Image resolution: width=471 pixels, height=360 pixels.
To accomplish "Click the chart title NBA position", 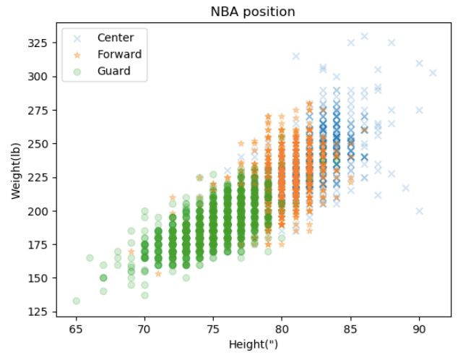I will pyautogui.click(x=253, y=12).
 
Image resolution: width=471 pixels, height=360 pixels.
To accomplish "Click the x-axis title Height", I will pyautogui.click(x=253, y=344).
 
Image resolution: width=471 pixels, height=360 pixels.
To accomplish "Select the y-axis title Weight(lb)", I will pyautogui.click(x=15, y=173).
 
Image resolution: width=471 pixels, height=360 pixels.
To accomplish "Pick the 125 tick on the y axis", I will pyautogui.click(x=38, y=312).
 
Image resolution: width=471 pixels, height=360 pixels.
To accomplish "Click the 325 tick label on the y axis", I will pyautogui.click(x=38, y=43).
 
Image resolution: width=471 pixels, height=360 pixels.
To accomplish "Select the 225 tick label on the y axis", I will pyautogui.click(x=38, y=177).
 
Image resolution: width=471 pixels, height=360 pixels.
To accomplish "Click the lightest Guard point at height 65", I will pyautogui.click(x=76, y=301).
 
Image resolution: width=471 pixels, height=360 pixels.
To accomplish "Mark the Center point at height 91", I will pyautogui.click(x=433, y=72).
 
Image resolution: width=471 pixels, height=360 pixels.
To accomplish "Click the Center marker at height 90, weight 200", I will pyautogui.click(x=419, y=211).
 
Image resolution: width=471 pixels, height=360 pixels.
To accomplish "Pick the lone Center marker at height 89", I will pyautogui.click(x=405, y=188).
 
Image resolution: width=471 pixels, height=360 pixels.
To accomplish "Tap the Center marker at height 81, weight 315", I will pyautogui.click(x=295, y=56).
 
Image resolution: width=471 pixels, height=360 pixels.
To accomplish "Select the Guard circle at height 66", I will pyautogui.click(x=90, y=258).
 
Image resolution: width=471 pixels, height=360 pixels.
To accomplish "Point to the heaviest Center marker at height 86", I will pyautogui.click(x=364, y=36).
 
